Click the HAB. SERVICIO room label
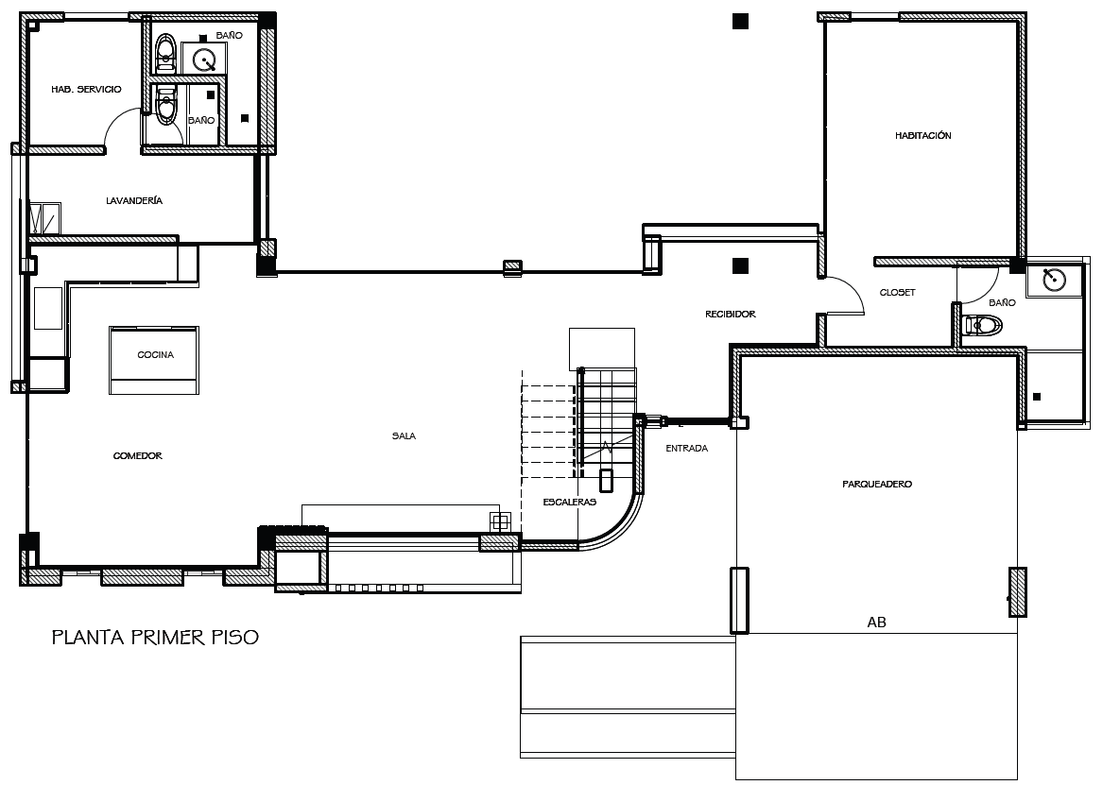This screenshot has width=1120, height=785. click(86, 89)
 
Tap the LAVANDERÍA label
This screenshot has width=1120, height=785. click(134, 201)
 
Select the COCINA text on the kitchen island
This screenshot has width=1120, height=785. click(155, 355)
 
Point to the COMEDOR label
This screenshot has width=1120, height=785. click(138, 456)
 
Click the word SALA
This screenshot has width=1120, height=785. click(404, 436)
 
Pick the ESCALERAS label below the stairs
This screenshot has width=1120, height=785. click(570, 503)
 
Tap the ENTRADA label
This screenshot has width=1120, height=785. click(686, 449)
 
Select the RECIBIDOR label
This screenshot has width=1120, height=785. click(731, 314)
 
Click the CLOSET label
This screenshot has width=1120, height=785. click(897, 293)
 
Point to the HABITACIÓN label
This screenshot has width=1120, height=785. click(922, 136)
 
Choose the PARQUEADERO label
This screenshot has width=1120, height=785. click(876, 485)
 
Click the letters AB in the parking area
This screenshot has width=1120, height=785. click(876, 623)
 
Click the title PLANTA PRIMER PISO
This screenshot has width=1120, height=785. click(155, 638)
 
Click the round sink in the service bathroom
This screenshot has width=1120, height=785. click(206, 60)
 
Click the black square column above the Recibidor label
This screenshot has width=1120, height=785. click(740, 265)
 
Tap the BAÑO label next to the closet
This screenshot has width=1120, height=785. click(1002, 303)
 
